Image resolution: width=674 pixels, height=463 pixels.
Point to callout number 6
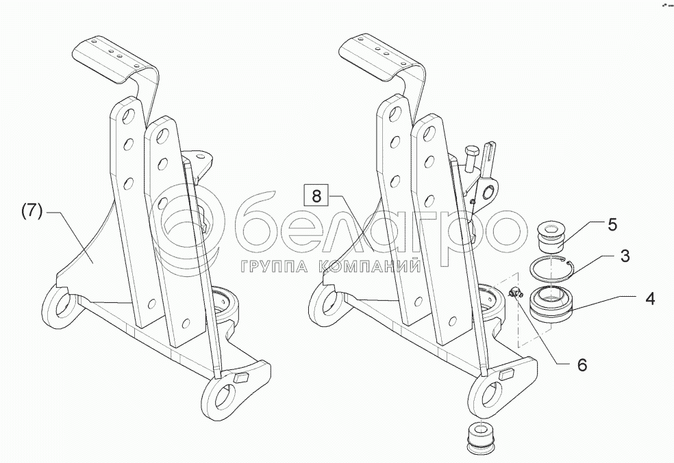[582, 365]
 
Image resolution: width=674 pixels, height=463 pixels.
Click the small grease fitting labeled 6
[516, 293]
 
